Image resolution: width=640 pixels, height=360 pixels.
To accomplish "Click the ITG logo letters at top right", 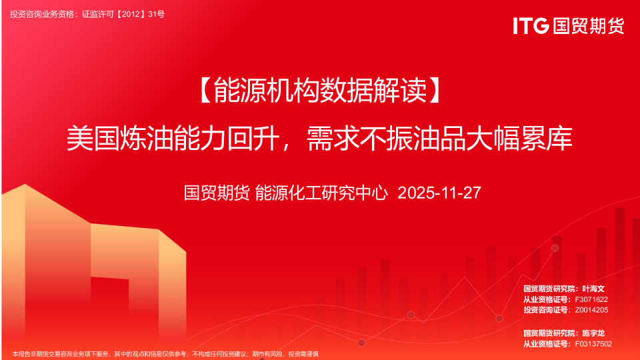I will pos(531,26).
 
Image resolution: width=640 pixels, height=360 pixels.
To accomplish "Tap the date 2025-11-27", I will pos(439,193).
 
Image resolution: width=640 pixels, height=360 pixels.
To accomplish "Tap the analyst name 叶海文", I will pos(593,289).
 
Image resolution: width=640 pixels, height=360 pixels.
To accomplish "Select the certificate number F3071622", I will pos(591,299).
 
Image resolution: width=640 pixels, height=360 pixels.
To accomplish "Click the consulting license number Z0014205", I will pos(591,310).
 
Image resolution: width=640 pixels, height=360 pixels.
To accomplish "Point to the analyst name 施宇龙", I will pos(593,333).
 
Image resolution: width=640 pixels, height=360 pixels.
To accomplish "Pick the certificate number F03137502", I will pos(593,344).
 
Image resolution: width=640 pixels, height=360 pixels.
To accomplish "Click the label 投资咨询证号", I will pos(545,310).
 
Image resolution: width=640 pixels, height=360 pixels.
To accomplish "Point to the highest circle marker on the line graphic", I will pos(555,248).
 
